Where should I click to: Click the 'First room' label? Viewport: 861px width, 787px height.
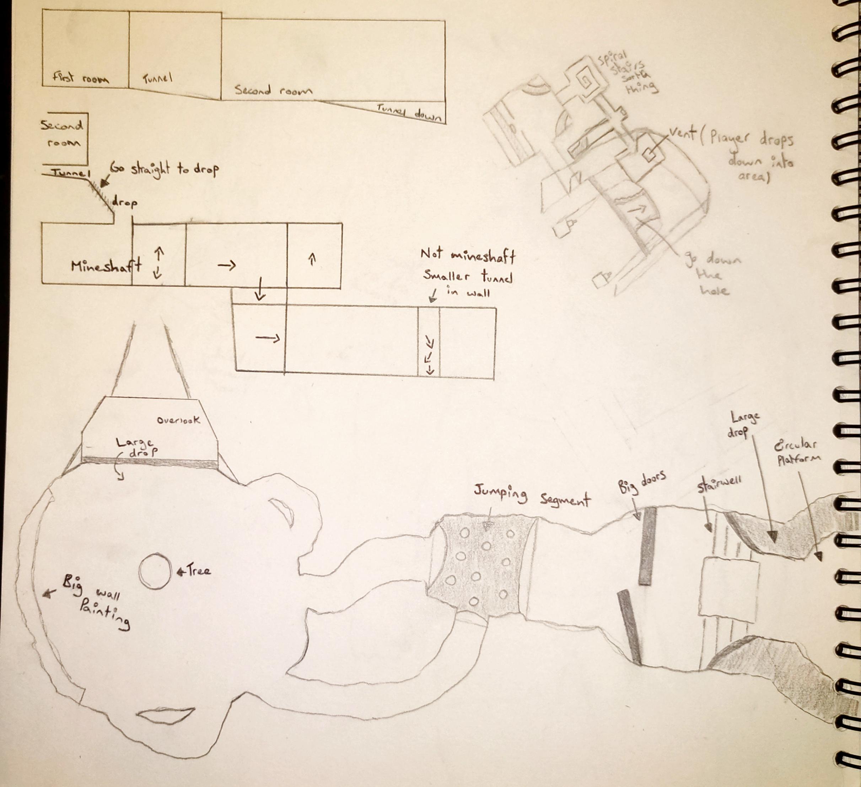click(x=80, y=78)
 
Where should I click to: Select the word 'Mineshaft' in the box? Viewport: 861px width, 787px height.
click(x=106, y=266)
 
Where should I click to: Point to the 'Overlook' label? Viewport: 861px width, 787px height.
click(x=178, y=420)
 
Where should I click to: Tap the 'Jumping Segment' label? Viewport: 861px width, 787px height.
click(x=532, y=497)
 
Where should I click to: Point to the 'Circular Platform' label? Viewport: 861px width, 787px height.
click(x=797, y=453)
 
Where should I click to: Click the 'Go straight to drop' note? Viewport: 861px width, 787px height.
click(x=165, y=169)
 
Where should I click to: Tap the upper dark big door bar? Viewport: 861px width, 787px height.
click(x=648, y=546)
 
